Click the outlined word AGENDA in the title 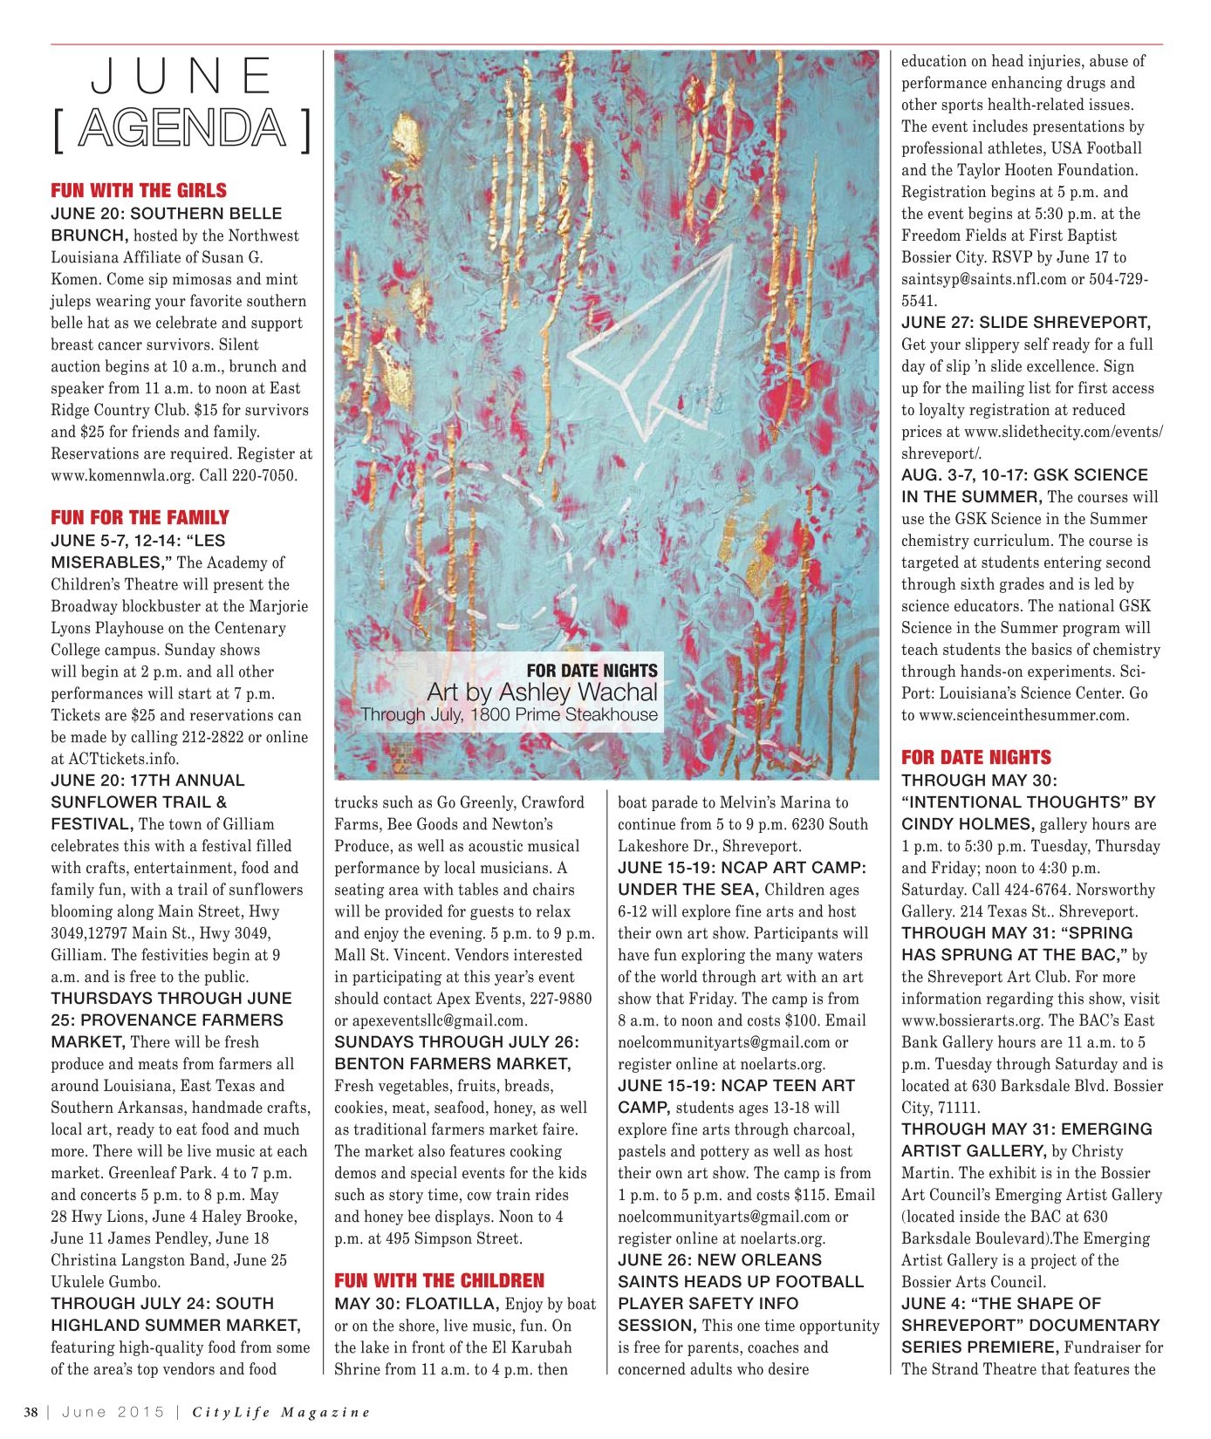[181, 129]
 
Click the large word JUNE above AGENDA [181, 76]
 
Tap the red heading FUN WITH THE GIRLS [139, 190]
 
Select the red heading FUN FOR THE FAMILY [140, 517]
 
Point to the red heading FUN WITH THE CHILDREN [439, 1280]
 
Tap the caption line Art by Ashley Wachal [542, 692]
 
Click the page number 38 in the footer [31, 1412]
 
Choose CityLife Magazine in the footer [282, 1412]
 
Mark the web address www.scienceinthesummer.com [1023, 715]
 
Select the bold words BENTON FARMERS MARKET [453, 1064]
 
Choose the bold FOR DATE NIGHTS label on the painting [592, 670]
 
